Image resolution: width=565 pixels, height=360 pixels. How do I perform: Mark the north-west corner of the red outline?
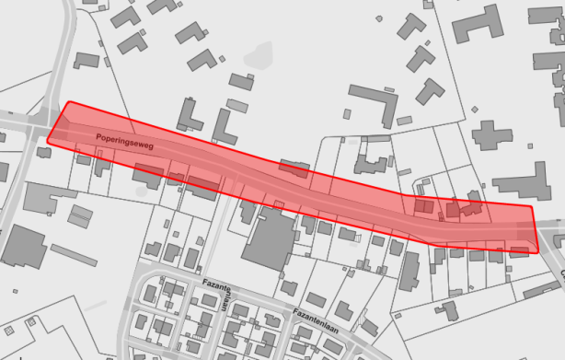click(x=68, y=102)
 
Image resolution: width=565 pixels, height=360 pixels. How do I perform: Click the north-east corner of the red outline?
click(x=532, y=207)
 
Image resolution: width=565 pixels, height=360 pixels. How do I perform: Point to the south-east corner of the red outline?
click(x=537, y=251)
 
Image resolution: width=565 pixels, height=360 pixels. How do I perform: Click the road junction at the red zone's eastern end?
click(x=548, y=226)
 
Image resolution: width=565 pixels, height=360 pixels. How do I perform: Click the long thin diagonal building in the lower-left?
click(x=74, y=255)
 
